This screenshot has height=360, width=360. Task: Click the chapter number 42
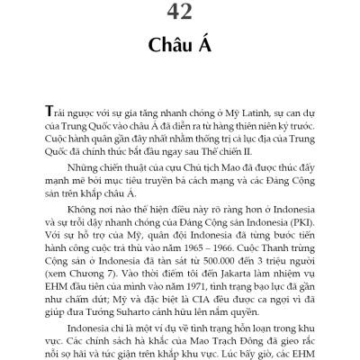pos(179,13)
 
